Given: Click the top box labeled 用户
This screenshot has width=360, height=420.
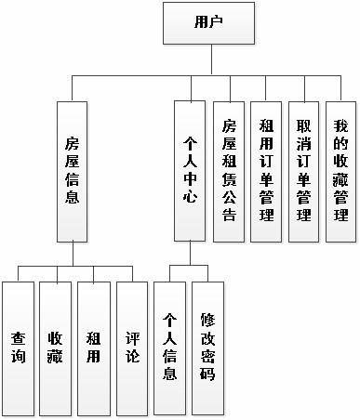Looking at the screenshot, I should tap(208, 22).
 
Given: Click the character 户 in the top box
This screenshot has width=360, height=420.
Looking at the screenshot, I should tap(216, 22).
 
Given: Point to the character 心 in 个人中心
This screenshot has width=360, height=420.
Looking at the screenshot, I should tap(191, 199).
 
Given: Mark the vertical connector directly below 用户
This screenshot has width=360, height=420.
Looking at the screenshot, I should tap(208, 57).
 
